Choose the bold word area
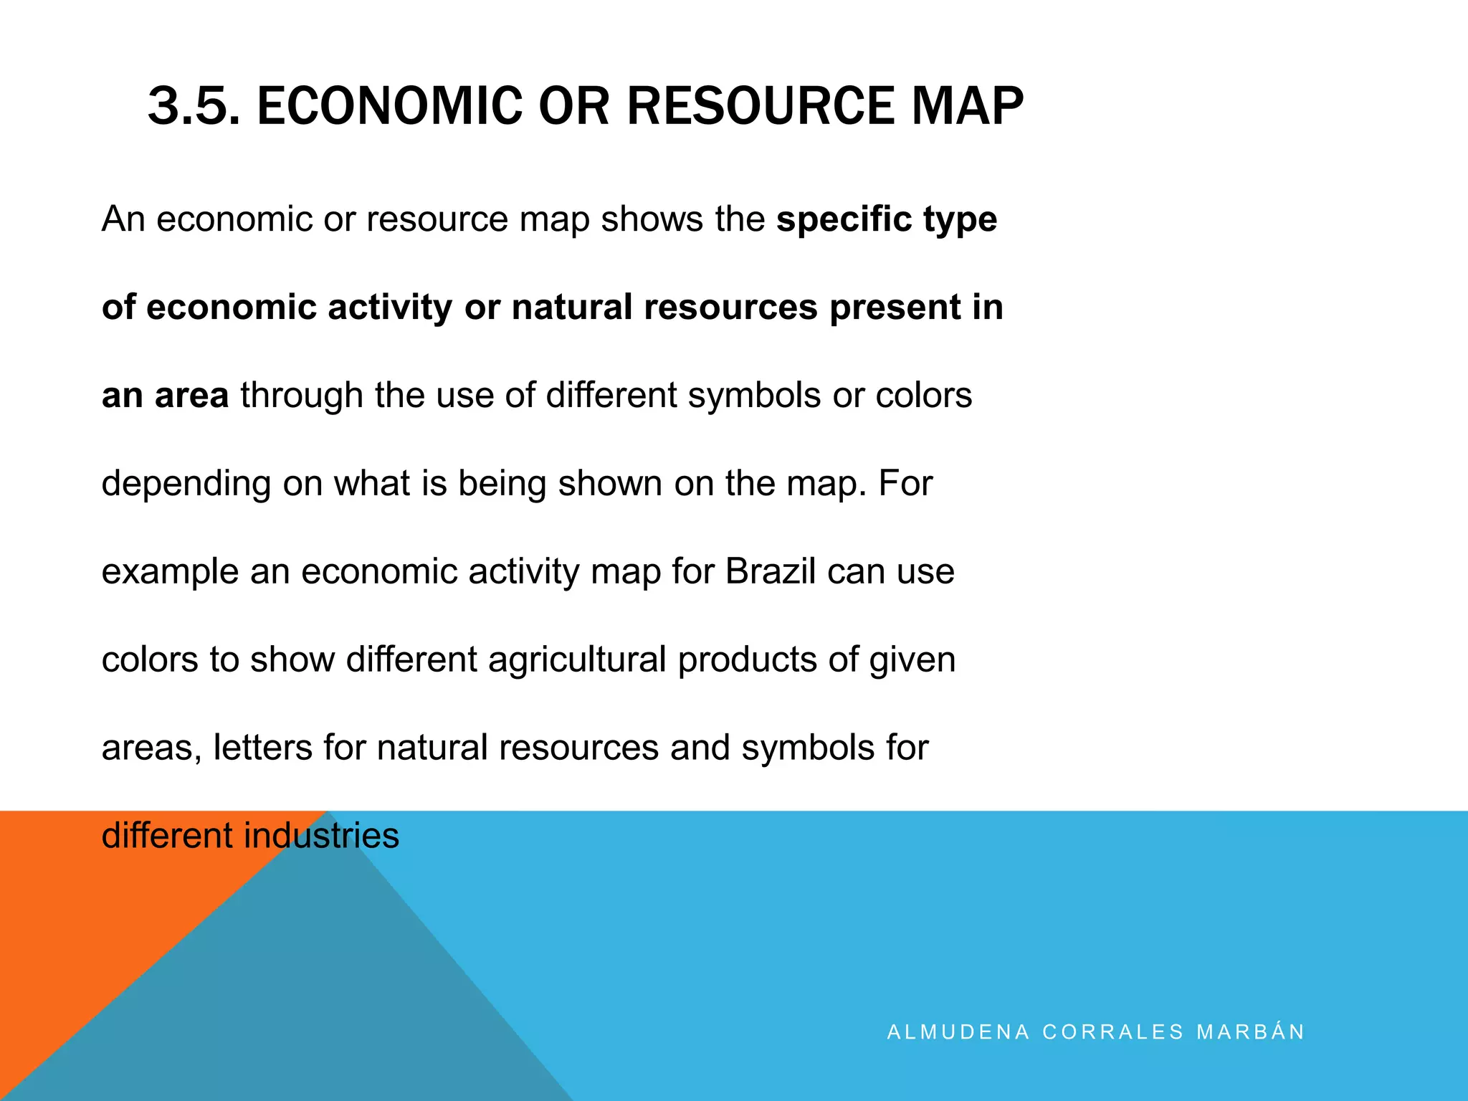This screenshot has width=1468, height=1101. click(191, 396)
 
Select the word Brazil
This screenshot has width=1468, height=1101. click(771, 571)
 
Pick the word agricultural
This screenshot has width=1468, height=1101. click(577, 659)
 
